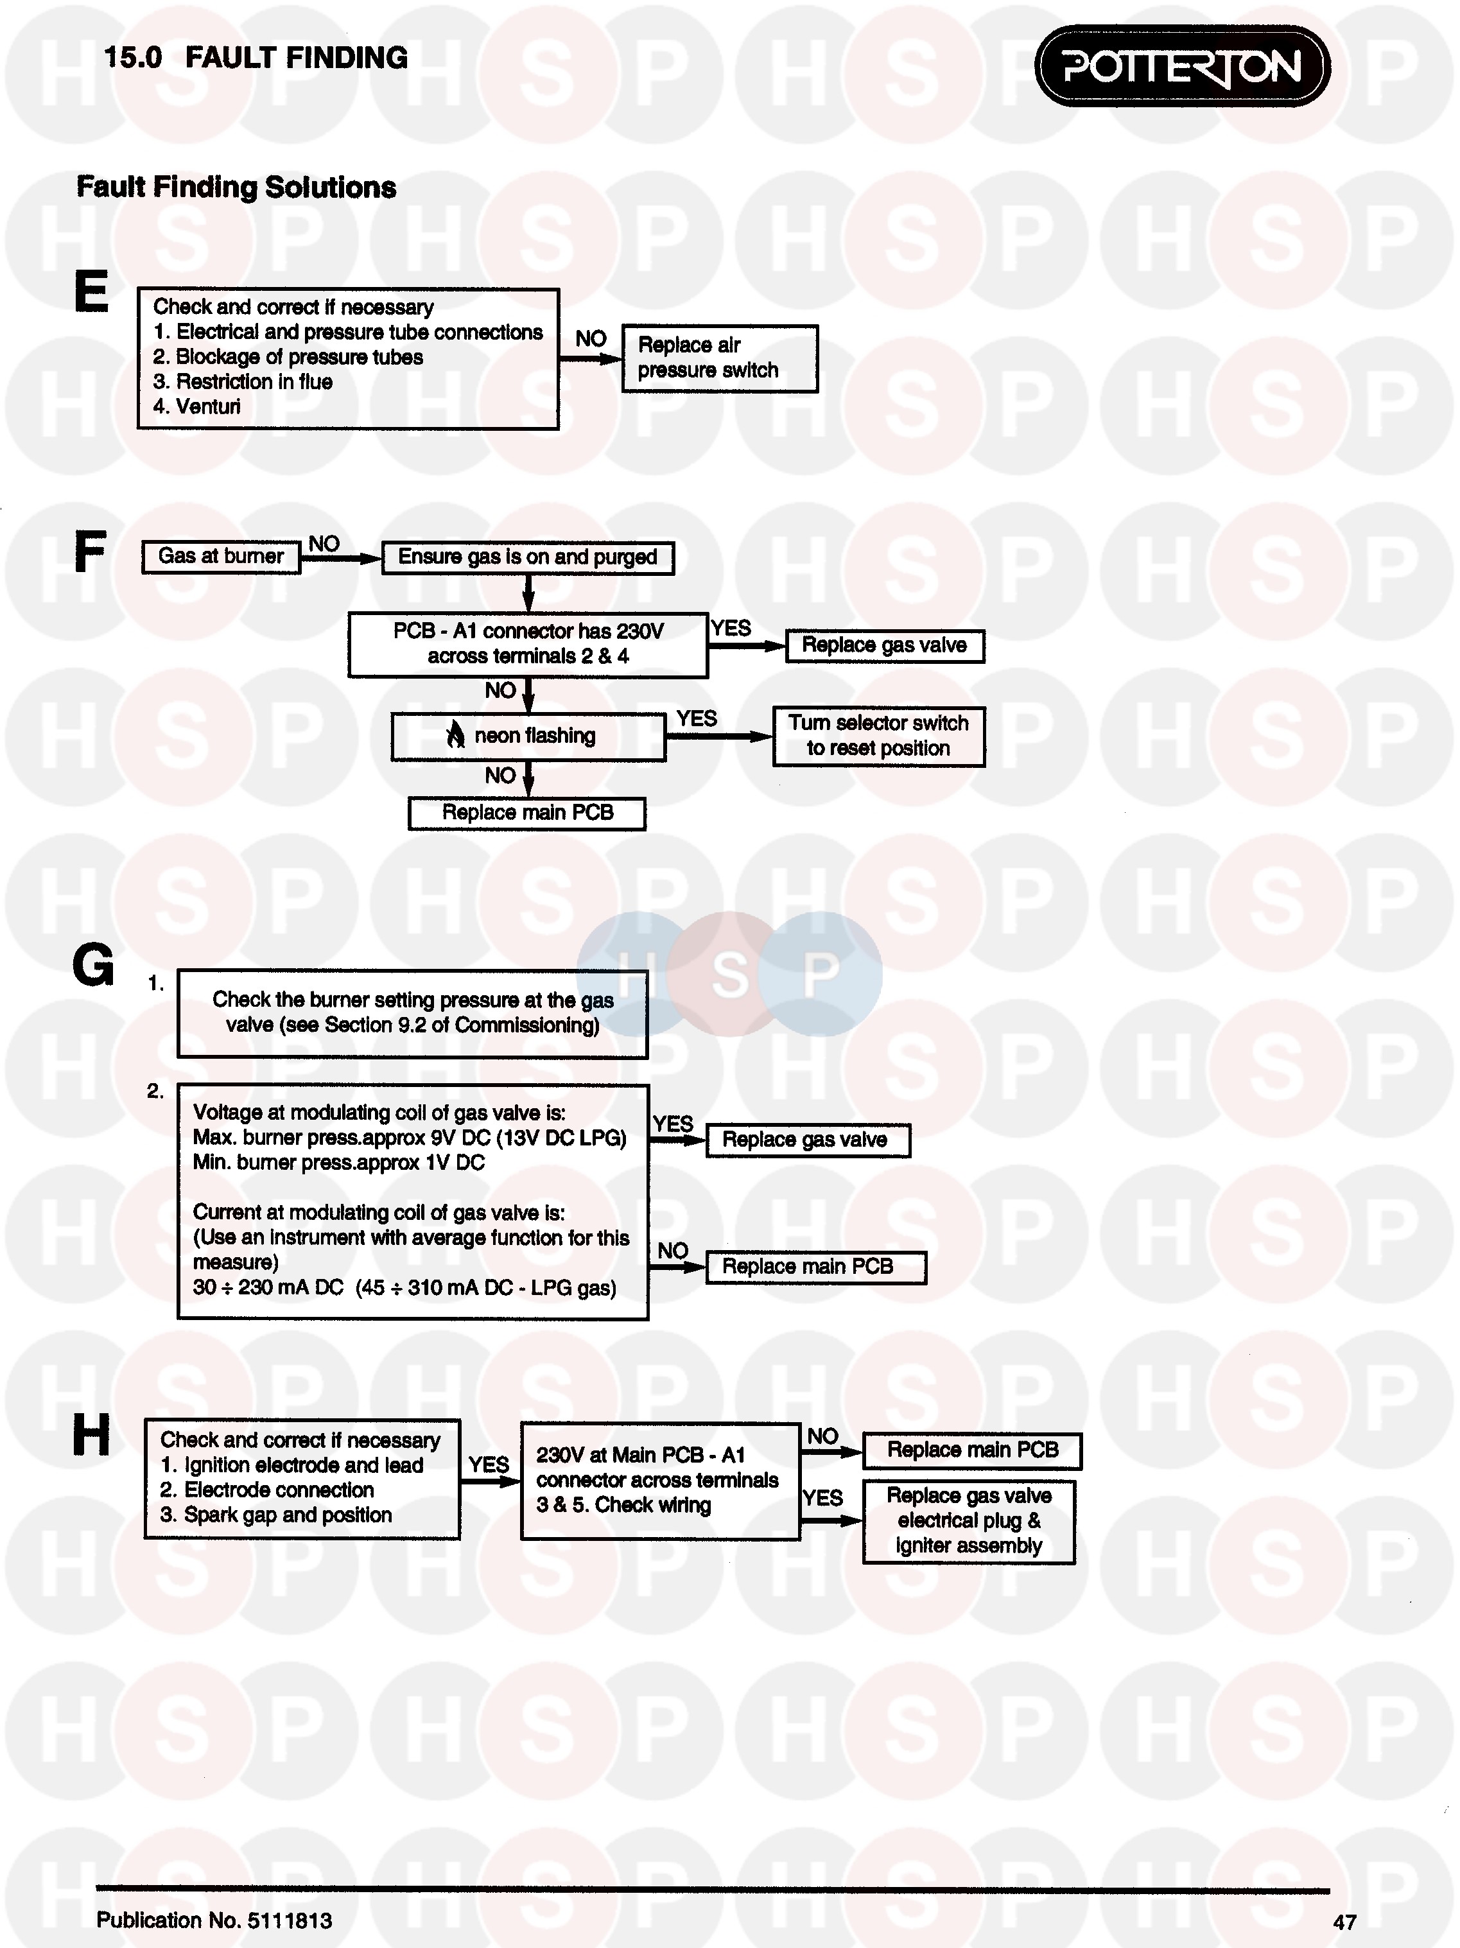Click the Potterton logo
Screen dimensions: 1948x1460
[1182, 67]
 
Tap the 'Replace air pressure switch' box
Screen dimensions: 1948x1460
[720, 358]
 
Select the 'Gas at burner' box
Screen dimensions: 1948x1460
[221, 557]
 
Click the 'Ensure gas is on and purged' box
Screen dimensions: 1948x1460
[528, 557]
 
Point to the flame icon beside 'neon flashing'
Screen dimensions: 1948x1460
[455, 735]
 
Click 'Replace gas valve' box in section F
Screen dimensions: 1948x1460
[884, 645]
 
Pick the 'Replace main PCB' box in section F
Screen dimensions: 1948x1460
[526, 813]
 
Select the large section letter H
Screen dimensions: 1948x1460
[92, 1436]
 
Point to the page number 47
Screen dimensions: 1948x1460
[1344, 1922]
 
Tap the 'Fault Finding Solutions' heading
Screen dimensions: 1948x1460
[236, 187]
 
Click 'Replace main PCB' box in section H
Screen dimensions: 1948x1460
[971, 1450]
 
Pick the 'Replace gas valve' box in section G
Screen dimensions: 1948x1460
[806, 1140]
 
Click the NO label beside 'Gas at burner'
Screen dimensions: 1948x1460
[324, 543]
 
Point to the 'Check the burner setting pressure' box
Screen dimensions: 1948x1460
[412, 1013]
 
